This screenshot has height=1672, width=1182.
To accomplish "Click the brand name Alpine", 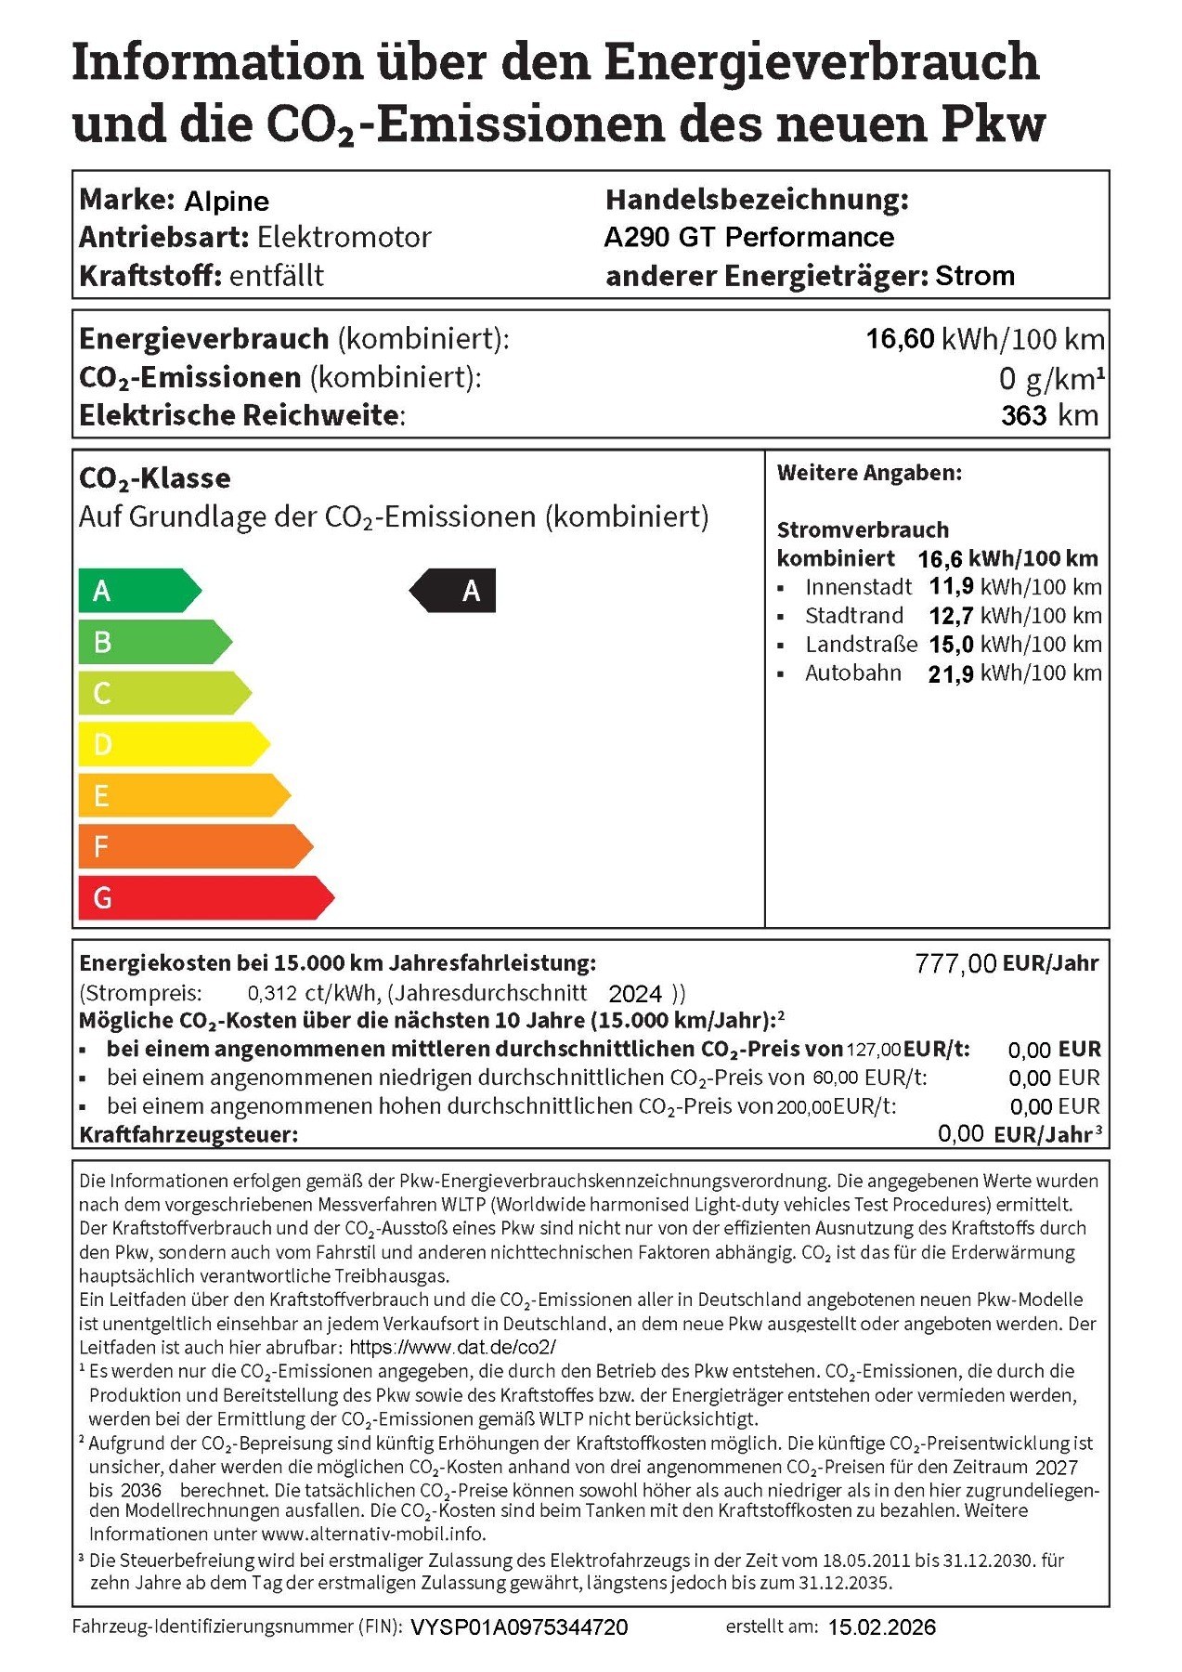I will pyautogui.click(x=227, y=201).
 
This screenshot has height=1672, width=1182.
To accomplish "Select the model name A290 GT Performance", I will pyautogui.click(x=748, y=237).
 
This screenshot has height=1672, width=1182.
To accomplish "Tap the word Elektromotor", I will pyautogui.click(x=344, y=238).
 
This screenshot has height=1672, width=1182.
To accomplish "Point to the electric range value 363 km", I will pyautogui.click(x=1049, y=415).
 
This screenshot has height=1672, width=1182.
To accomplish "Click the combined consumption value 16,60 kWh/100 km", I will pyautogui.click(x=984, y=339).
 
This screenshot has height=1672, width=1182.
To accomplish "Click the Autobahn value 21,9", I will pyautogui.click(x=950, y=674).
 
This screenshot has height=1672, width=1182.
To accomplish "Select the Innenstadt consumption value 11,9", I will pyautogui.click(x=951, y=587).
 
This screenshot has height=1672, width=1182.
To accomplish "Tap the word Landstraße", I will pyautogui.click(x=861, y=645).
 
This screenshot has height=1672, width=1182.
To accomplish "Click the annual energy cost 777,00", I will pyautogui.click(x=955, y=964).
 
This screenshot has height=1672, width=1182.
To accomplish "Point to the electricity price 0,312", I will pyautogui.click(x=272, y=993).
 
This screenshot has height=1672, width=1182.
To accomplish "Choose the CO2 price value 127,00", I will pyautogui.click(x=873, y=1050).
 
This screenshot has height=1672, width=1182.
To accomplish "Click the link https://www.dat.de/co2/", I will pyautogui.click(x=452, y=1347).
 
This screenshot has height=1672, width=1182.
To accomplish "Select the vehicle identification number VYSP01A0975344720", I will pyautogui.click(x=519, y=1627).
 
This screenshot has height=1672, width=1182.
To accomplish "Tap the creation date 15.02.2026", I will pyautogui.click(x=881, y=1627).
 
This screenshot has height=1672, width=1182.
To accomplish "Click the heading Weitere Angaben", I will pyautogui.click(x=869, y=473).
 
